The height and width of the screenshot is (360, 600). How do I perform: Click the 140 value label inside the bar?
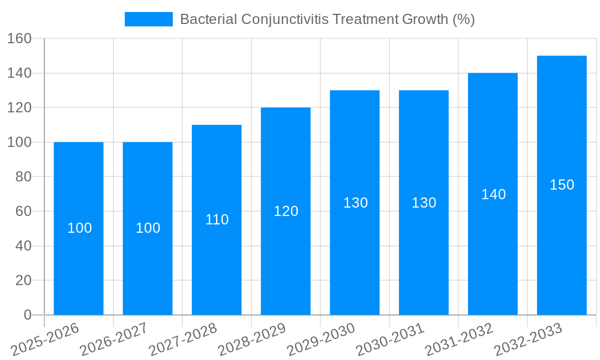[493, 194]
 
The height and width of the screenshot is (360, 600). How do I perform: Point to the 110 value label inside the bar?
[217, 220]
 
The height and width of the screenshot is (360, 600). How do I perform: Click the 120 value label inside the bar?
[286, 211]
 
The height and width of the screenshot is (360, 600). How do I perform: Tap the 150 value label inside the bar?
[562, 185]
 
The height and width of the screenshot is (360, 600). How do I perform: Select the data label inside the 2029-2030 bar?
[355, 203]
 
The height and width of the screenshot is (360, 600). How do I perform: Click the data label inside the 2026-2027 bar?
[148, 228]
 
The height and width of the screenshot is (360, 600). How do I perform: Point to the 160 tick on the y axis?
[19, 38]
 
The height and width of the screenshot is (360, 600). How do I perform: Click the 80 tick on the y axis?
[23, 177]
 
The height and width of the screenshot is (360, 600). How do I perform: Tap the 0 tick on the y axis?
[27, 315]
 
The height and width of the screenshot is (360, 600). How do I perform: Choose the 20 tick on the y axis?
[23, 280]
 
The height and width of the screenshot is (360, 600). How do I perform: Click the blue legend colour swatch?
[148, 19]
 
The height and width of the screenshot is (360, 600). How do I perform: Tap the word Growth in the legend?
[422, 19]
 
